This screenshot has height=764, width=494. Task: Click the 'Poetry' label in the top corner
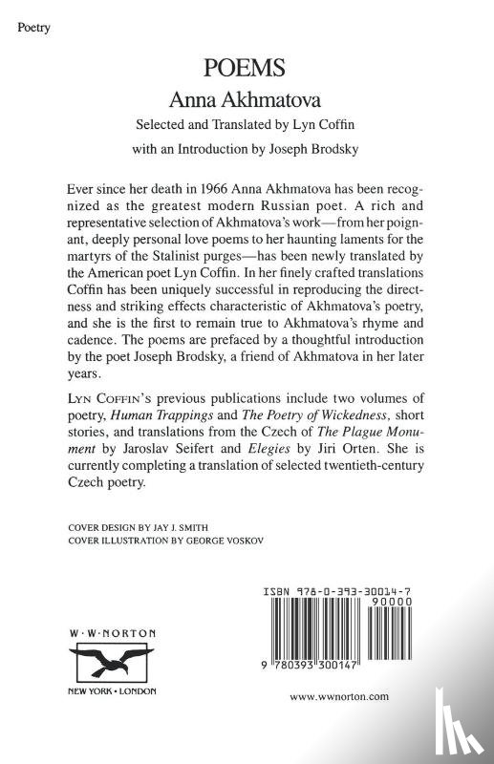(34, 28)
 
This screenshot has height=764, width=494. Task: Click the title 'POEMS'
(247, 69)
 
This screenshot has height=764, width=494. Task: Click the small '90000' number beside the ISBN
(396, 604)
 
